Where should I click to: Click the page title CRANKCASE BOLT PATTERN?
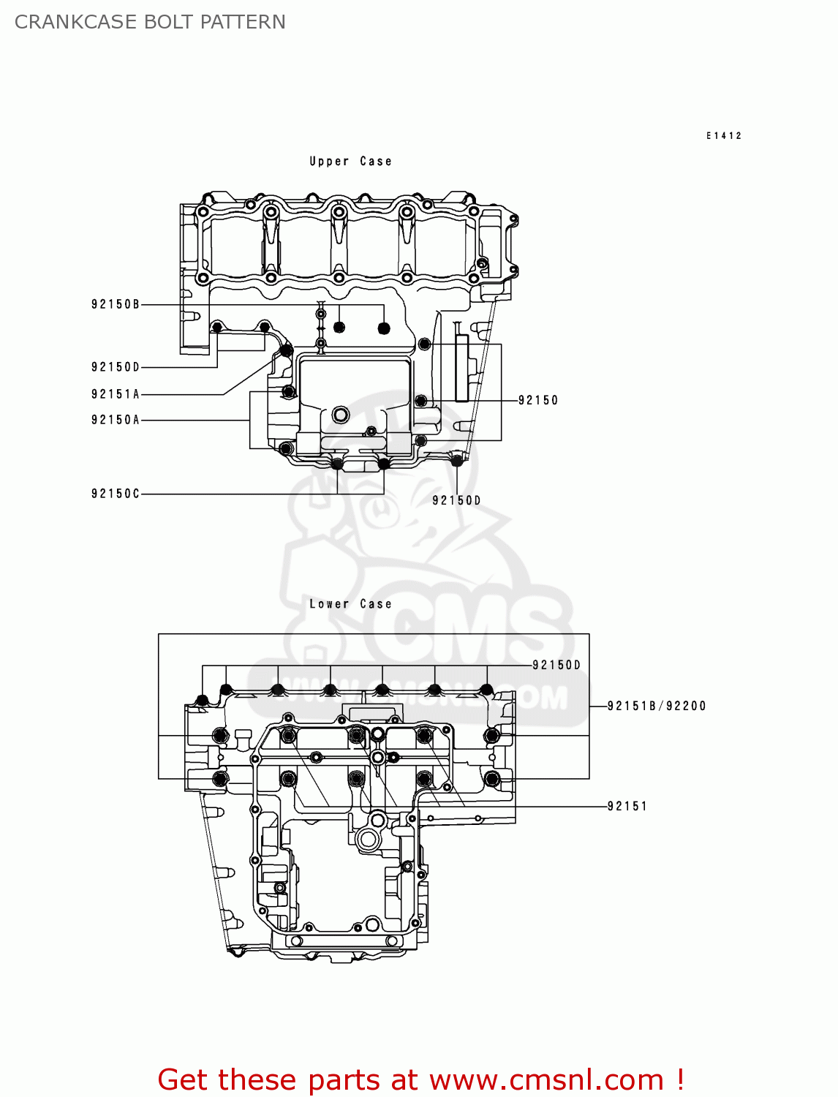[x=150, y=22]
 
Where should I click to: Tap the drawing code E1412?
[x=724, y=135]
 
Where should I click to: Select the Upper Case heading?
[x=350, y=162]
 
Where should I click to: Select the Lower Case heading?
[x=350, y=604]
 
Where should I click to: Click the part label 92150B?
[x=115, y=304]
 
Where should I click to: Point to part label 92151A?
[x=115, y=394]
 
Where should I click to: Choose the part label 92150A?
[x=115, y=420]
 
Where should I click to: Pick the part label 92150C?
[x=115, y=494]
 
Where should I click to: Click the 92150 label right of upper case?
[x=538, y=400]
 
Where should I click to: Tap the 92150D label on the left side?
[x=115, y=367]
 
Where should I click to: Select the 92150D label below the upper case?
[x=456, y=500]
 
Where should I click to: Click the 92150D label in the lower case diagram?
[x=556, y=665]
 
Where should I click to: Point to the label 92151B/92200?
[x=657, y=706]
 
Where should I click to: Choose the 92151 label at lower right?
[x=627, y=806]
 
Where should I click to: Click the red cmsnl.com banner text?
[x=420, y=1079]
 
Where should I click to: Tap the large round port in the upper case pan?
[x=341, y=415]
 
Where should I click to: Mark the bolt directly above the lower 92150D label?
[x=457, y=460]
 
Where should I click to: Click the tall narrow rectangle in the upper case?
[x=461, y=368]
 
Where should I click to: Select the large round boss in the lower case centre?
[x=368, y=839]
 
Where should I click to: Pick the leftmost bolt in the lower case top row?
[x=203, y=701]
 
